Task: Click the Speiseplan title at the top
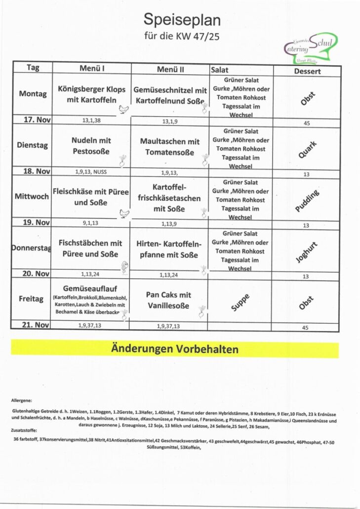pyautogui.click(x=182, y=20)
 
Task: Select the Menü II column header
pyautogui.click(x=170, y=69)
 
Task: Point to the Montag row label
pyautogui.click(x=33, y=94)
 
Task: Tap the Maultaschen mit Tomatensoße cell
pyautogui.click(x=169, y=146)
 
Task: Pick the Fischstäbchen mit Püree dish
pyautogui.click(x=90, y=249)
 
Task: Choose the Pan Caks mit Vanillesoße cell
pyautogui.click(x=168, y=300)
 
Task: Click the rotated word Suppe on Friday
pyautogui.click(x=240, y=302)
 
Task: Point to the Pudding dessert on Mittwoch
pyautogui.click(x=307, y=201)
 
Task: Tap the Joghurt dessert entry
pyautogui.click(x=307, y=252)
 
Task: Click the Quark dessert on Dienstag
pyautogui.click(x=307, y=149)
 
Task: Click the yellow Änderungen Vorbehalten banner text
pyautogui.click(x=175, y=349)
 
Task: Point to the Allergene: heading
pyautogui.click(x=21, y=400)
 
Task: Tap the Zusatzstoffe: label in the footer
pyautogui.click(x=23, y=430)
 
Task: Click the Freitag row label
pyautogui.click(x=32, y=298)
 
